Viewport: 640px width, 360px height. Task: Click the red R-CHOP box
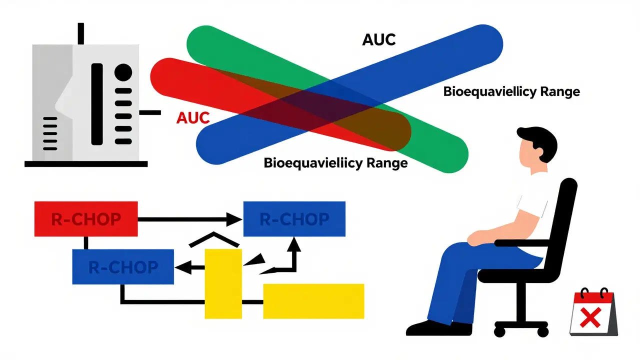(85, 218)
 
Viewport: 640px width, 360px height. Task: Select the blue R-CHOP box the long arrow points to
(294, 218)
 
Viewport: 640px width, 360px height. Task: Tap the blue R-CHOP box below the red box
(123, 266)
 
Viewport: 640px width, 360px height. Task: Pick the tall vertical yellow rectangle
(223, 283)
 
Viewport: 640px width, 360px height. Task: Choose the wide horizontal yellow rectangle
(313, 301)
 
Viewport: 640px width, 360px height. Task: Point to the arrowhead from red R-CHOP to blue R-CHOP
(233, 218)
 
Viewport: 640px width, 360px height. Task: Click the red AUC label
(192, 118)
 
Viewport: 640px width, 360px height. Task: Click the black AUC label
(378, 39)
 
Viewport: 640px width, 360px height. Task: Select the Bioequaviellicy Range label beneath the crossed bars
(335, 163)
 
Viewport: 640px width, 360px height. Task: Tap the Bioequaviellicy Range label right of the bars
(511, 92)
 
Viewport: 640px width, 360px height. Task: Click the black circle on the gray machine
(123, 73)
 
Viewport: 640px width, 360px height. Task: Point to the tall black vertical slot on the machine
(96, 104)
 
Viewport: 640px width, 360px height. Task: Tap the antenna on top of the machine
(81, 33)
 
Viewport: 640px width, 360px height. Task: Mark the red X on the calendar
(592, 317)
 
